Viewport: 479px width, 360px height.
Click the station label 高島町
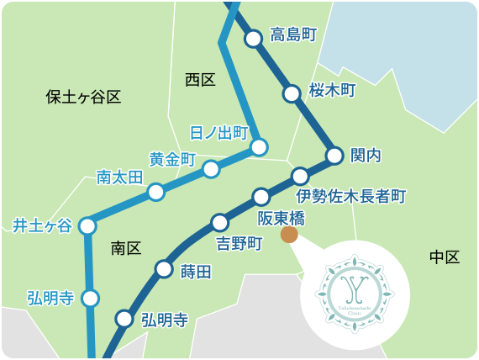[x=293, y=35]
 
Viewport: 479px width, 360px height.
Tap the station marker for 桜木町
[x=292, y=93]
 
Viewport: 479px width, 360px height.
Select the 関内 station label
[x=366, y=156]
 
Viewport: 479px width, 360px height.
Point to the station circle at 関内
[x=334, y=155]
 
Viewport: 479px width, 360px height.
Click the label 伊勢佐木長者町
[x=351, y=197]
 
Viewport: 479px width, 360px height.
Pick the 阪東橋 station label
[x=281, y=219]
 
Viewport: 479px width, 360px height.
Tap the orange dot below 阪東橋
[x=289, y=235]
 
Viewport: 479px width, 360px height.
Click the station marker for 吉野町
[x=219, y=223]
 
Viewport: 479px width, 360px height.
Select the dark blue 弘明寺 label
[x=164, y=320]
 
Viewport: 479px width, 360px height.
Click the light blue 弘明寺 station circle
[x=90, y=298]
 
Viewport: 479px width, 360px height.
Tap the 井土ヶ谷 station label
[x=42, y=225]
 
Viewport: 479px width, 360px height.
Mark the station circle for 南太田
[x=155, y=193]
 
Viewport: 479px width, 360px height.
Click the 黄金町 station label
[x=172, y=159]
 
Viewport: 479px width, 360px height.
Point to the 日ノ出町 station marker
[x=259, y=147]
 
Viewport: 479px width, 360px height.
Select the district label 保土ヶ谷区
[x=83, y=97]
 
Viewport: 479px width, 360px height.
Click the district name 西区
[x=200, y=80]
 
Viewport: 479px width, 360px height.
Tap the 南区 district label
[x=126, y=248]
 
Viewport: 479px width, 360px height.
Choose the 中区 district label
[x=445, y=257]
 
